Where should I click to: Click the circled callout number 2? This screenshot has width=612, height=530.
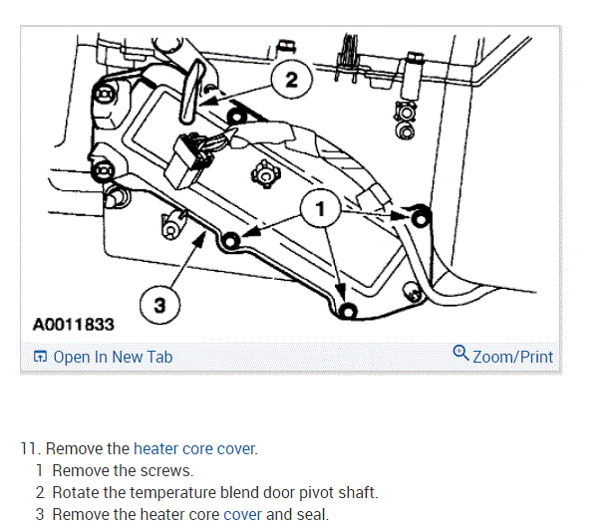(x=290, y=80)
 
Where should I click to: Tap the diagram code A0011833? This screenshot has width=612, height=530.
(x=73, y=325)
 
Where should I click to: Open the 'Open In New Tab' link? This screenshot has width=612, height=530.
(x=113, y=357)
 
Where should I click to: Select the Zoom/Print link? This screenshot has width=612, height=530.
(x=512, y=356)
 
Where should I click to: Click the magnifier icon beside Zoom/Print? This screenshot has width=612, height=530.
(x=460, y=354)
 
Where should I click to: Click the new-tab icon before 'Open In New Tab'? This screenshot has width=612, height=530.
(x=40, y=357)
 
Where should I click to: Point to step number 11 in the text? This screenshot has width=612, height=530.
(x=30, y=448)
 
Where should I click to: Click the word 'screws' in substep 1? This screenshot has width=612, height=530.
(x=165, y=470)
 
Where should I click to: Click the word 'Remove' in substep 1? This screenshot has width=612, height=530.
(x=79, y=470)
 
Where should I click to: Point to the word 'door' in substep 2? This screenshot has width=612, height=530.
(x=264, y=492)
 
